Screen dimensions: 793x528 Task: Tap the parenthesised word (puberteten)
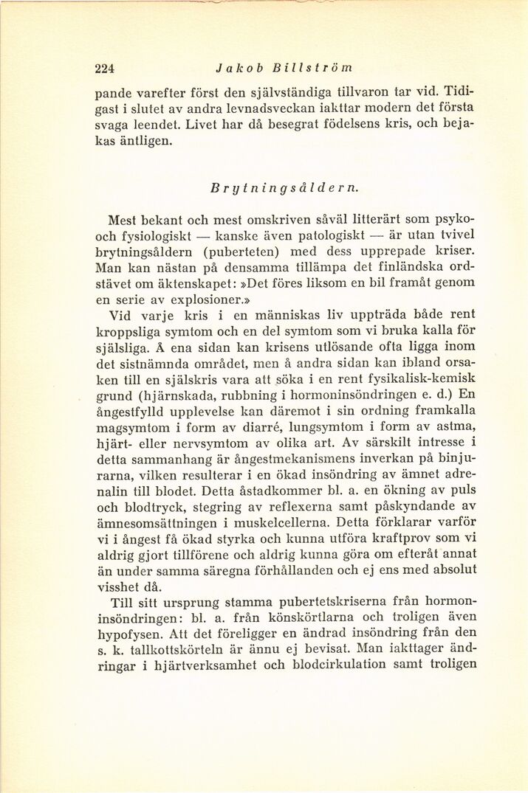239,252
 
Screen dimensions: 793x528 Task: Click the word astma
453,427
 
